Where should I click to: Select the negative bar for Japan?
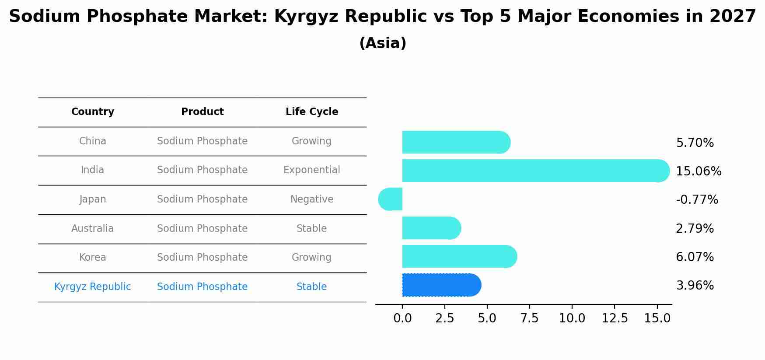[391, 199]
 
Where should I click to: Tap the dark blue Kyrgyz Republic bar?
[441, 285]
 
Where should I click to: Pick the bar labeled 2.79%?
[431, 228]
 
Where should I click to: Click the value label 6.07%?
[695, 257]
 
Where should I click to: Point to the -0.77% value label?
[697, 200]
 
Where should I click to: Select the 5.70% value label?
[695, 143]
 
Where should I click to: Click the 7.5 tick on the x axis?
[529, 318]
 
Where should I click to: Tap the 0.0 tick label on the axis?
[402, 318]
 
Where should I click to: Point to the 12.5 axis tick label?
[614, 318]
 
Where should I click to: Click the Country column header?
[93, 112]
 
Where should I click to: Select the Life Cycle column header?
[312, 112]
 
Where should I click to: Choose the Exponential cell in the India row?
[311, 170]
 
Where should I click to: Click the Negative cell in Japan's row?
[311, 199]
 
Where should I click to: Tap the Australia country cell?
[92, 229]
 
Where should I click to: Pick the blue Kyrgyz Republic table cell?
[92, 287]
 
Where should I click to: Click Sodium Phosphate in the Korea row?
[202, 258]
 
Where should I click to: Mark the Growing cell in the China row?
[311, 141]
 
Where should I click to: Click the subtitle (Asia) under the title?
[382, 43]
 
